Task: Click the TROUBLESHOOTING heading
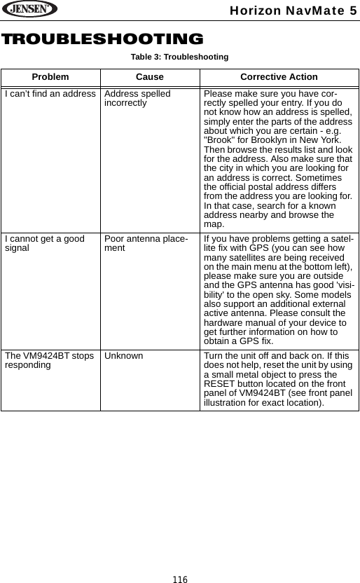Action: (102, 39)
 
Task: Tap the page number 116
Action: (180, 579)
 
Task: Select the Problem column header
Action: (50, 76)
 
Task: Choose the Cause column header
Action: (149, 76)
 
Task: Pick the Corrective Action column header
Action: (279, 76)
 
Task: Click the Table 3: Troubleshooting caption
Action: (180, 56)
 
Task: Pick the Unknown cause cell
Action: (123, 356)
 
